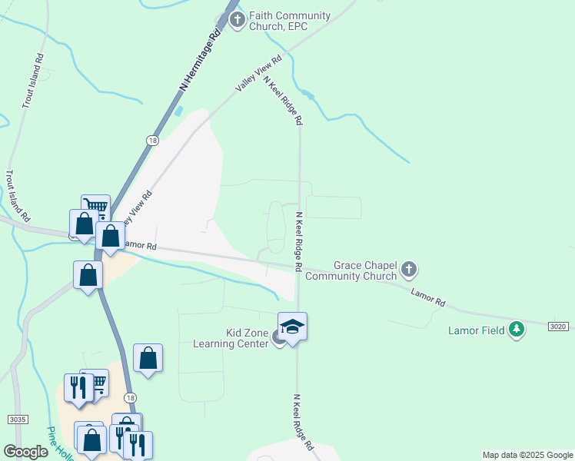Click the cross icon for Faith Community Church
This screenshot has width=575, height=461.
tap(238, 20)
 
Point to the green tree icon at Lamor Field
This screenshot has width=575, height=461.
tap(517, 330)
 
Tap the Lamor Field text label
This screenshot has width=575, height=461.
tap(477, 330)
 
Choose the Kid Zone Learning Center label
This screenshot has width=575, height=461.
tap(246, 338)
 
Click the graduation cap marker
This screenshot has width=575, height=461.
tap(292, 327)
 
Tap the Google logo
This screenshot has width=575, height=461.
tap(26, 452)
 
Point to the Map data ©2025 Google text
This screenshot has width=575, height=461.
tap(527, 455)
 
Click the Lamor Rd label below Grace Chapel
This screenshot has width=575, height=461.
tap(428, 299)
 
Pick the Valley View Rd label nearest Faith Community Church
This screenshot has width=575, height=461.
tap(259, 74)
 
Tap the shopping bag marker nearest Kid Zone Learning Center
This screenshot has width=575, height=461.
tap(148, 358)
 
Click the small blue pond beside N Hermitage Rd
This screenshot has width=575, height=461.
tap(179, 111)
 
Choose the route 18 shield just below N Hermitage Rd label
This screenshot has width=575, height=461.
tap(153, 141)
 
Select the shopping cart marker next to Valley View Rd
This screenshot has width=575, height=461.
tap(95, 206)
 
